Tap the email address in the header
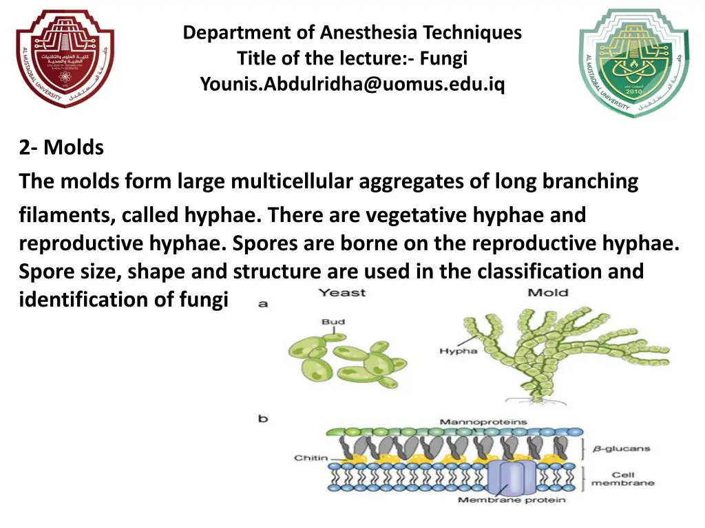click(352, 84)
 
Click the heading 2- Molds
click(61, 147)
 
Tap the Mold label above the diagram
click(548, 294)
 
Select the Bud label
click(333, 322)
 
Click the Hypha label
click(458, 351)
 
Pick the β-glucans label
click(620, 448)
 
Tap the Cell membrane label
click(622, 479)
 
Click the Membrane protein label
click(512, 500)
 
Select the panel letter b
click(263, 418)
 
